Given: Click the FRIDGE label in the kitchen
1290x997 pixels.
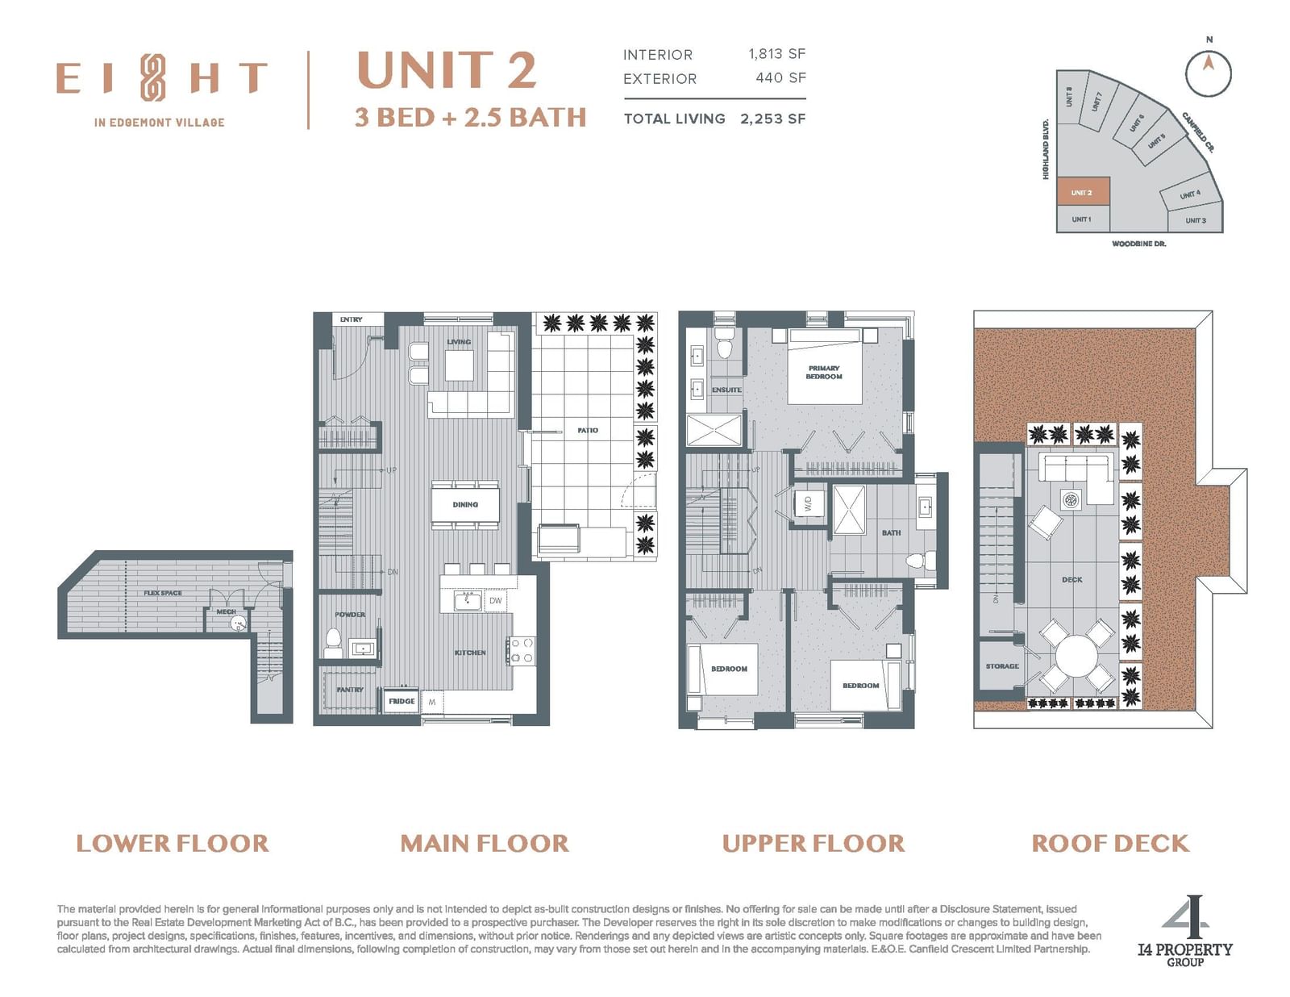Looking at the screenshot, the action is pyautogui.click(x=402, y=701).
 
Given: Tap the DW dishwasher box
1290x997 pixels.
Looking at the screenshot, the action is pyautogui.click(x=496, y=600).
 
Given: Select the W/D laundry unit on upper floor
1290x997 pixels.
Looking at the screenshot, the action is pyautogui.click(x=808, y=504).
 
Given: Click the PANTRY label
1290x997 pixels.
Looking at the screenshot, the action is pyautogui.click(x=350, y=690).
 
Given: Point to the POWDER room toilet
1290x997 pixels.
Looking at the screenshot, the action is pyautogui.click(x=333, y=643).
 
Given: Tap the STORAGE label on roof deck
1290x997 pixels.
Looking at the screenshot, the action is pyautogui.click(x=1002, y=665).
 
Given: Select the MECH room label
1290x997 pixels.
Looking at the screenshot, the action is pyautogui.click(x=226, y=611).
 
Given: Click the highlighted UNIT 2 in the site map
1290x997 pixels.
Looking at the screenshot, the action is pyautogui.click(x=1083, y=192).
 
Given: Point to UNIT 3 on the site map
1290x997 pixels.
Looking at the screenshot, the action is pyautogui.click(x=1196, y=220).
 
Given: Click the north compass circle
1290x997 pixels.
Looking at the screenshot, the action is pyautogui.click(x=1208, y=73).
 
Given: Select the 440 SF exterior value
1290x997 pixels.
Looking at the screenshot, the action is pyautogui.click(x=780, y=77).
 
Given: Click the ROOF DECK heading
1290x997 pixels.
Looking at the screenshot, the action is pyautogui.click(x=1110, y=843).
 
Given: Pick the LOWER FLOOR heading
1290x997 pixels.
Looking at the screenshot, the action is pyautogui.click(x=173, y=843).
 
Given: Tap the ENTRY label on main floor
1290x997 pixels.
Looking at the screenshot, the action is pyautogui.click(x=351, y=319).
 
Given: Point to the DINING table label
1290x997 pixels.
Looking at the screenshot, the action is pyautogui.click(x=465, y=504).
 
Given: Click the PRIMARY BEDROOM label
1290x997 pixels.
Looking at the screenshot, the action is pyautogui.click(x=824, y=373).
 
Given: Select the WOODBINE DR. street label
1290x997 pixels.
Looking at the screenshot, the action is pyautogui.click(x=1138, y=244).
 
